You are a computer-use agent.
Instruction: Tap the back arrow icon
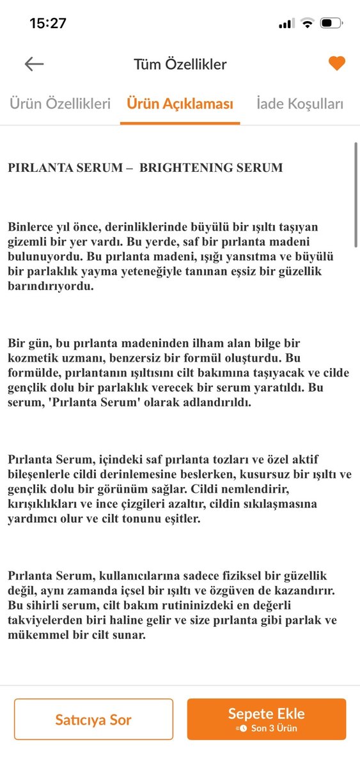coord(34,64)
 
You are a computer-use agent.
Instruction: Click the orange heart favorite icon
coord(336,63)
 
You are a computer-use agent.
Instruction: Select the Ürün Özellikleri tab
coord(60,104)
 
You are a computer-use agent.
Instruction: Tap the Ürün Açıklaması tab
coord(180,104)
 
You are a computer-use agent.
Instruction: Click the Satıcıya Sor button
coord(93,720)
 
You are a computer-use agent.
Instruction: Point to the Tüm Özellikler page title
coord(180,64)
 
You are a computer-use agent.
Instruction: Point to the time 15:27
coord(48,23)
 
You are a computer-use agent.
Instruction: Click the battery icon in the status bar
coord(331,24)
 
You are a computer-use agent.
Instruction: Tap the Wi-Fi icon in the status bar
coord(308,24)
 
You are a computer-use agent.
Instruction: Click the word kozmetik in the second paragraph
coord(31,358)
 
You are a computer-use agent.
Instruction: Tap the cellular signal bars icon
coord(286,24)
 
